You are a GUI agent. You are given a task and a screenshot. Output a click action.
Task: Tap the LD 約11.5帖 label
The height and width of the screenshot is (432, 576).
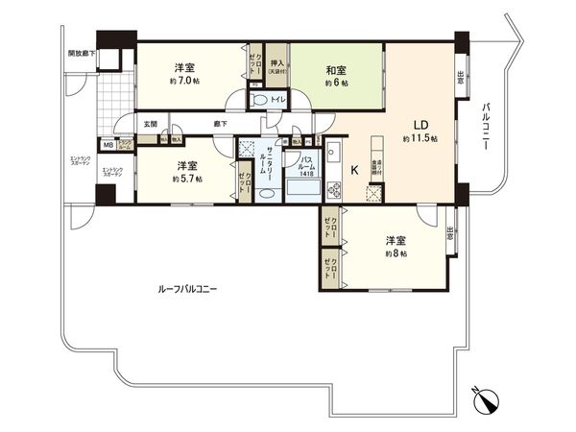(x=420, y=132)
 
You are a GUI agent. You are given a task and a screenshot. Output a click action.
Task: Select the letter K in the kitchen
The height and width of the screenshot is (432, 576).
(x=354, y=170)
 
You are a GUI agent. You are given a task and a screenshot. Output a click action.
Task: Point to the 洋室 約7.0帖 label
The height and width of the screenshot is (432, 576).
(x=184, y=74)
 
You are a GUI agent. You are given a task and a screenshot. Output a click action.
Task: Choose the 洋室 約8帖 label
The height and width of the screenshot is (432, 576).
(x=395, y=246)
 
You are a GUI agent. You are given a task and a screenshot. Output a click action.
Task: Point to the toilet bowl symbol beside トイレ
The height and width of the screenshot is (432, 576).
(x=259, y=99)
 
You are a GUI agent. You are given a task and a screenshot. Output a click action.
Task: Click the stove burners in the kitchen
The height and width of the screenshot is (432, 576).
(x=332, y=185)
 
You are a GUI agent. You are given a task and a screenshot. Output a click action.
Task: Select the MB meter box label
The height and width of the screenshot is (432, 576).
(x=108, y=145)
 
